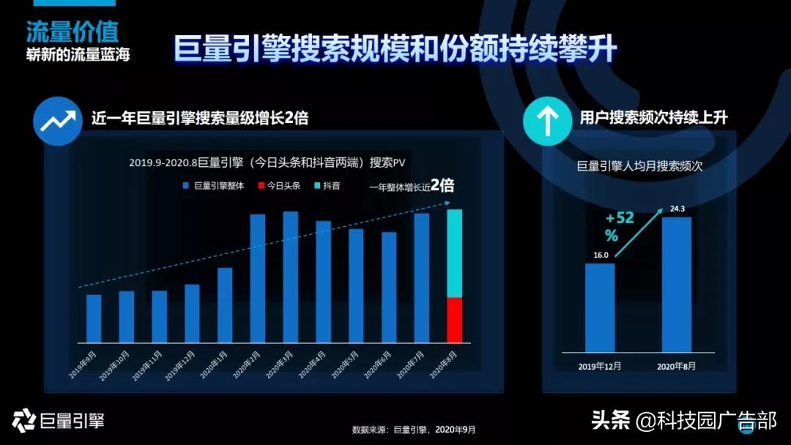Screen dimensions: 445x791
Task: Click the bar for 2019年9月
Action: coord(94,318)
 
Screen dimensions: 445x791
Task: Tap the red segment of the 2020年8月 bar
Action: coord(455,320)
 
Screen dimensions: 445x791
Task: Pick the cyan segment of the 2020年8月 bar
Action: coord(455,253)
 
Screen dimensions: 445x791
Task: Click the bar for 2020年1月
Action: coord(225,305)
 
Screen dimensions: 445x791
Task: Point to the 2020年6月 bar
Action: coord(389,287)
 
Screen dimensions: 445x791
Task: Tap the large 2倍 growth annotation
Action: coord(442,185)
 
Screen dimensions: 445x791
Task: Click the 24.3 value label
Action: coord(676,208)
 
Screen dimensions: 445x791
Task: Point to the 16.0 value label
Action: coord(599,254)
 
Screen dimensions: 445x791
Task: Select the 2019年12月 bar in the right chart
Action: coord(600,307)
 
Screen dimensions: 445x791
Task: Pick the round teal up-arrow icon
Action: coord(547,120)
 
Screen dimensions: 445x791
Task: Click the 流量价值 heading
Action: coord(72,31)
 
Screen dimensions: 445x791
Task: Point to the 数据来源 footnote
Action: coord(418,430)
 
